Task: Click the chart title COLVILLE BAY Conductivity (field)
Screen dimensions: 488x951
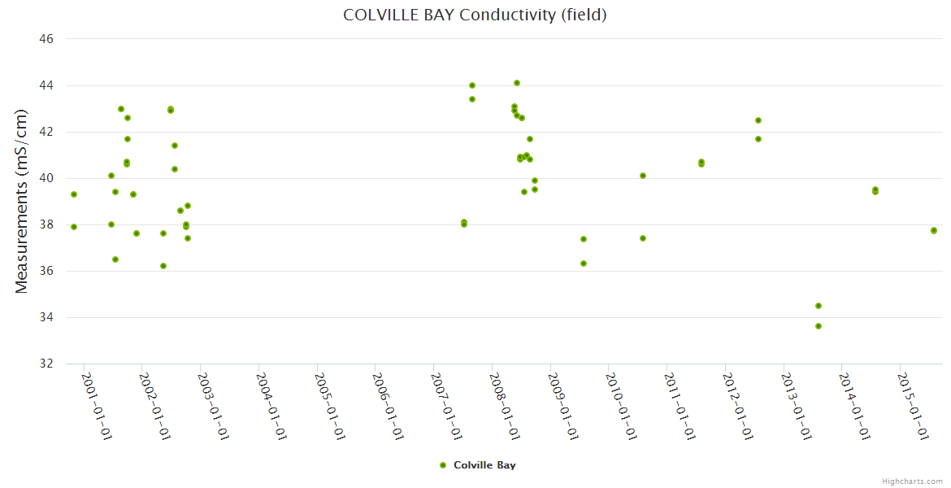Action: coord(475,15)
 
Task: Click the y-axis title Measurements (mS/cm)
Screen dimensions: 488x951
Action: coord(23,201)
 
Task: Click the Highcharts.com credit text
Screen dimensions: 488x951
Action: coord(912,481)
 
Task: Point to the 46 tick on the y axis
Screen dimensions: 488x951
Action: coord(46,39)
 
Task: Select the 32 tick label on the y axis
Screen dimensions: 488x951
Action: coord(46,364)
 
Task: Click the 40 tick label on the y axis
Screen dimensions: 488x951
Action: coord(46,178)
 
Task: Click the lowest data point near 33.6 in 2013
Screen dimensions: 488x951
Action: coord(819,326)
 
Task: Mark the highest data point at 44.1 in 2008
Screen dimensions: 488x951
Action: coord(517,83)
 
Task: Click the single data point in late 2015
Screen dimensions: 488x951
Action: coord(934,230)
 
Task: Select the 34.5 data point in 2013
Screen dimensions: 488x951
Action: coord(819,306)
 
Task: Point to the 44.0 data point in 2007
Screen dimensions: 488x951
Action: coord(472,85)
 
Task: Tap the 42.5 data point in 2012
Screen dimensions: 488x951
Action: coord(758,120)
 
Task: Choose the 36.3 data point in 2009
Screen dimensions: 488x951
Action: coord(584,264)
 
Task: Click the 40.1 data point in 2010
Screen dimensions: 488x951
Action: coord(643,176)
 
